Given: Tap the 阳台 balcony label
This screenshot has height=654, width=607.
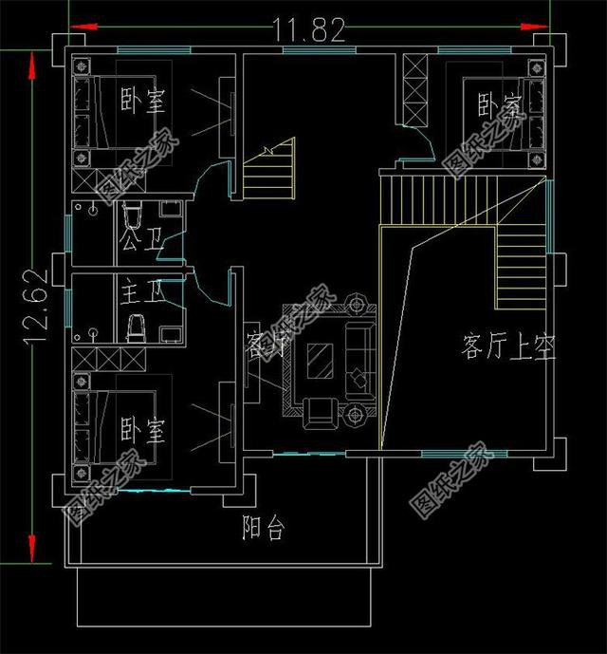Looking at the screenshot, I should (x=262, y=529).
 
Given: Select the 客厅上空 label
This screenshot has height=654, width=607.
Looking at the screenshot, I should (x=508, y=346).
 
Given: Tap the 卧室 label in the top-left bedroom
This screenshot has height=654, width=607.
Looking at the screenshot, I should (x=143, y=101).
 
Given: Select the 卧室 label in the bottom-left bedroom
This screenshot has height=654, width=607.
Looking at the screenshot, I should (x=143, y=432).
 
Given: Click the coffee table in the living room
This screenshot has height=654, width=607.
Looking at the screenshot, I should (x=319, y=363).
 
